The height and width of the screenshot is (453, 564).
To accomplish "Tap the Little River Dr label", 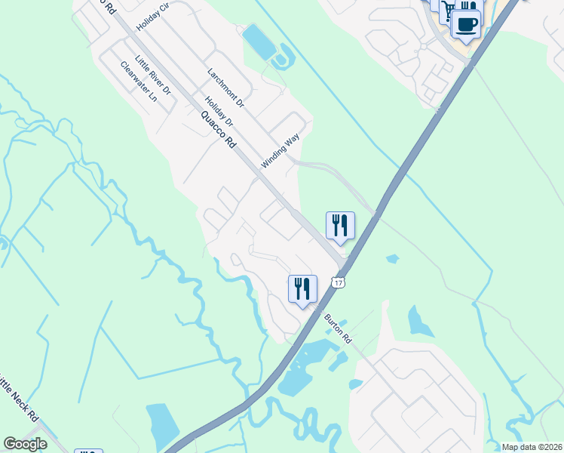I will [153, 75].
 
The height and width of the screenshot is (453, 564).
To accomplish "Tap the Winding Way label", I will [280, 151].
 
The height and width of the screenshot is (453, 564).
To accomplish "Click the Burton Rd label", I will [338, 328].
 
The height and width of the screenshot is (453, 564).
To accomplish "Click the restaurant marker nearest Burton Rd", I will [302, 289].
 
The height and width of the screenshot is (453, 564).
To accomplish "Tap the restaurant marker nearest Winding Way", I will [340, 226].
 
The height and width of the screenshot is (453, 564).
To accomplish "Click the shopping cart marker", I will [448, 10].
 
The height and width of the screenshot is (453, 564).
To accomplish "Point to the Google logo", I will [26, 444].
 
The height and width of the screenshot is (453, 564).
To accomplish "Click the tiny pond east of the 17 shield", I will [392, 259].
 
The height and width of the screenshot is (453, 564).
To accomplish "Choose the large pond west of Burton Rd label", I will [305, 370].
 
